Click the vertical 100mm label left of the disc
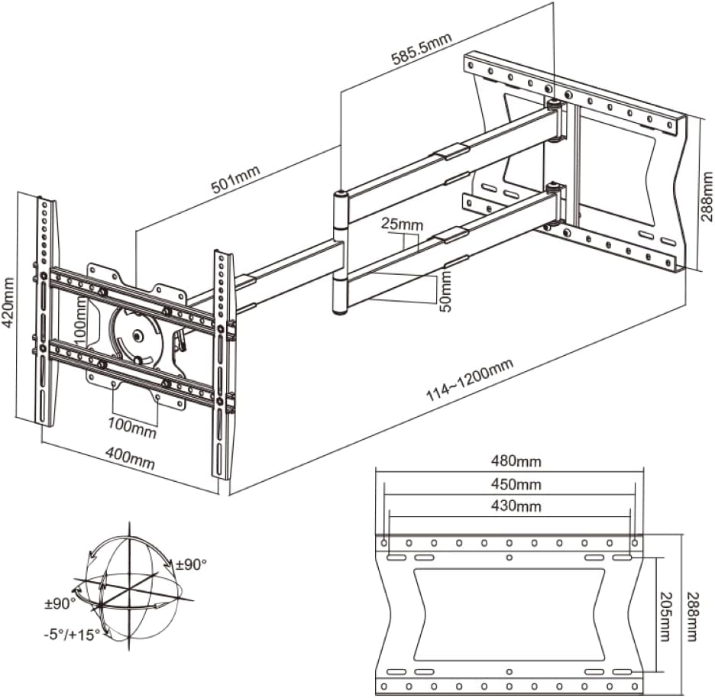coord(80,321)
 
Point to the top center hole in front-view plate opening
coord(509,557)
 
